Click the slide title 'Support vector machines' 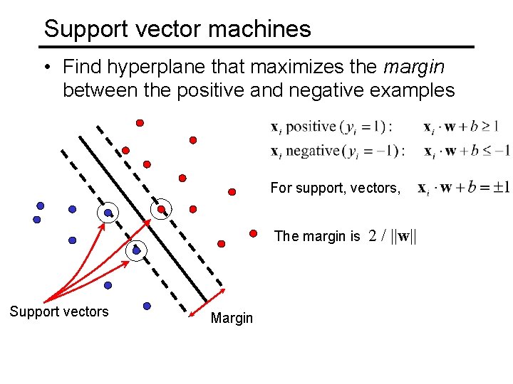pyautogui.click(x=177, y=29)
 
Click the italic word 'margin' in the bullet pyautogui.click(x=413, y=68)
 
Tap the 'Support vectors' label pyautogui.click(x=59, y=311)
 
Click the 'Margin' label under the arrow pyautogui.click(x=232, y=318)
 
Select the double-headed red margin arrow pyautogui.click(x=207, y=303)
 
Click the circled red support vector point pyautogui.click(x=162, y=209)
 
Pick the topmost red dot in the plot pyautogui.click(x=140, y=122)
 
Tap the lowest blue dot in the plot pyautogui.click(x=147, y=306)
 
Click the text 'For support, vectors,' pyautogui.click(x=335, y=188)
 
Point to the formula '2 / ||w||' pyautogui.click(x=393, y=236)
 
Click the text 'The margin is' pyautogui.click(x=317, y=236)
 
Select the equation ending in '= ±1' pyautogui.click(x=463, y=188)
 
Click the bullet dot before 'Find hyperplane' pyautogui.click(x=46, y=68)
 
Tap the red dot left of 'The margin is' pyautogui.click(x=253, y=233)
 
